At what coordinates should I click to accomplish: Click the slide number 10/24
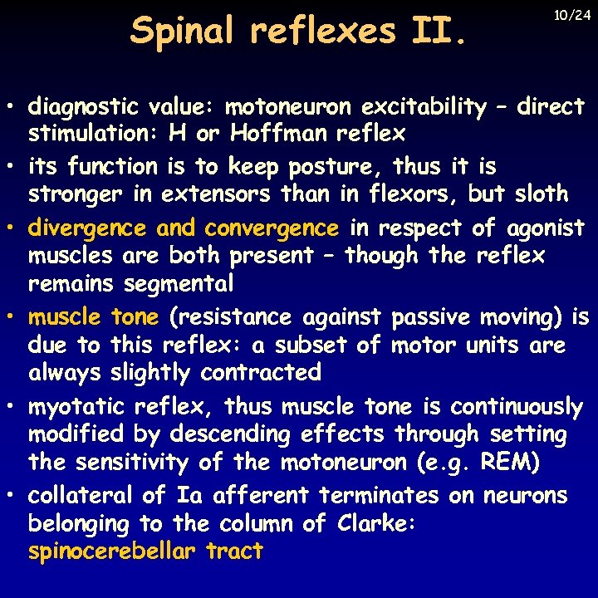[572, 16]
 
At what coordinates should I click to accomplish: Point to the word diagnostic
[83, 107]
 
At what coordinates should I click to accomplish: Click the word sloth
[539, 194]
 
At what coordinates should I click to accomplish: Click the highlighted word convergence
[272, 228]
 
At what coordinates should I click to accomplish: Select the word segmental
[179, 284]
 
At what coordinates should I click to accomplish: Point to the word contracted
[261, 372]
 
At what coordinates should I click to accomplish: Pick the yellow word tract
[235, 551]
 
